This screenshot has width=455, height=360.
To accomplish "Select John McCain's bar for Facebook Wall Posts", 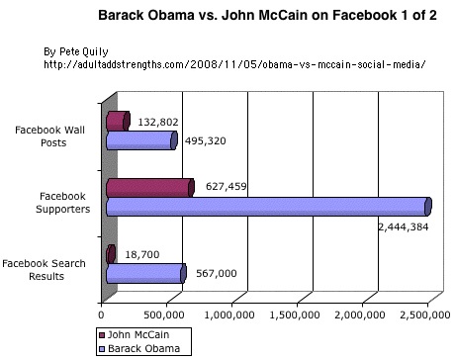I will coord(117,121).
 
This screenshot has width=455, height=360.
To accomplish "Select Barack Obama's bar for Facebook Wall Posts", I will coord(139,140).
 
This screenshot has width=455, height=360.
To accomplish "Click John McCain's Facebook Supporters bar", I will coord(148,187).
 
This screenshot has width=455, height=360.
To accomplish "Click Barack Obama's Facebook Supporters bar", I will coord(267,207).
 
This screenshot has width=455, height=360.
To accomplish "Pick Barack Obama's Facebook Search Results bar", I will coord(144,273).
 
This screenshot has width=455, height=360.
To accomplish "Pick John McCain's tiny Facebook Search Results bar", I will coord(110,253).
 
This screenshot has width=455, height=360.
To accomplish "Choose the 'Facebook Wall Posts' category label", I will coord(54,135).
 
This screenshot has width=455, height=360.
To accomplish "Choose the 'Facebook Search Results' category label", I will coord(48,269).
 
